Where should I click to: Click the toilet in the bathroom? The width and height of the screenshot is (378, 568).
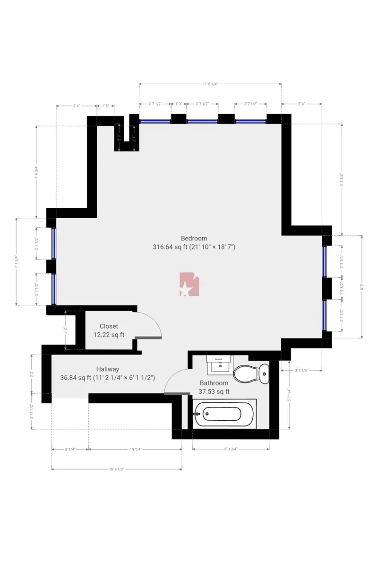click(250, 373)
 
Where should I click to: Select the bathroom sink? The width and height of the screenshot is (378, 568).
click(220, 364)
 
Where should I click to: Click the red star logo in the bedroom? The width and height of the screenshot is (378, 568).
click(189, 285)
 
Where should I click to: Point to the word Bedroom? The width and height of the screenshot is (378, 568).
click(194, 238)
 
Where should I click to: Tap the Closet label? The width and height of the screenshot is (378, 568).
click(109, 326)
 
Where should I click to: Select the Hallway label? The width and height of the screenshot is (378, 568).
click(108, 369)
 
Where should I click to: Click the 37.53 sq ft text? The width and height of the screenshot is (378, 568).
click(214, 391)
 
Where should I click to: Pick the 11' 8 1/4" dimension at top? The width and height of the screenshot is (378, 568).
click(210, 84)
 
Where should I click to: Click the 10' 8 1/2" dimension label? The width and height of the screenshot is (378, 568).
click(116, 470)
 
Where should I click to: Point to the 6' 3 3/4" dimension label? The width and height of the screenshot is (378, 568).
click(231, 449)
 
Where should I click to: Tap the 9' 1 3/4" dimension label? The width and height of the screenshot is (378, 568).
click(342, 179)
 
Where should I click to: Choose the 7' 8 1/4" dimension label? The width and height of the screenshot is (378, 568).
click(135, 449)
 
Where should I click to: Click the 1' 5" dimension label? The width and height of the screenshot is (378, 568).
click(105, 106)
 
